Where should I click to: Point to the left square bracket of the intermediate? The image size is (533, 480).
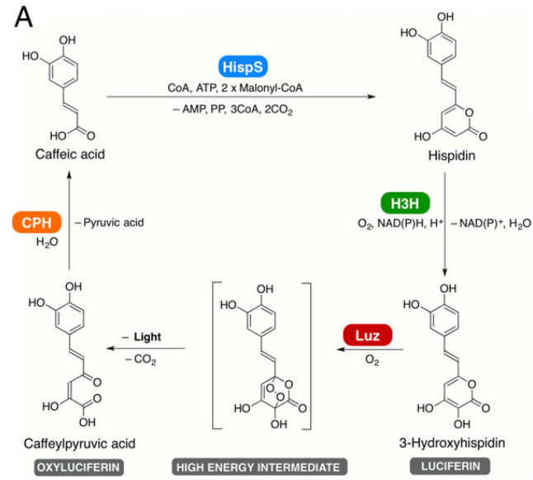215,355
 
